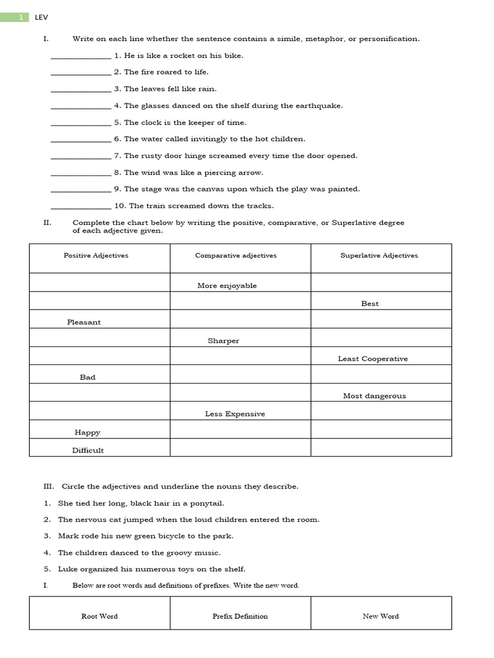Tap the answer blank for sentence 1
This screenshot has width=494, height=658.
80,56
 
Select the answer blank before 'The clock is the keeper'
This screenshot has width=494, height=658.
80,123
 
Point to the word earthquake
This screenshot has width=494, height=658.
320,106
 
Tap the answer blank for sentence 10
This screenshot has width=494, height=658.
80,206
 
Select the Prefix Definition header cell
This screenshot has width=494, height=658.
240,616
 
